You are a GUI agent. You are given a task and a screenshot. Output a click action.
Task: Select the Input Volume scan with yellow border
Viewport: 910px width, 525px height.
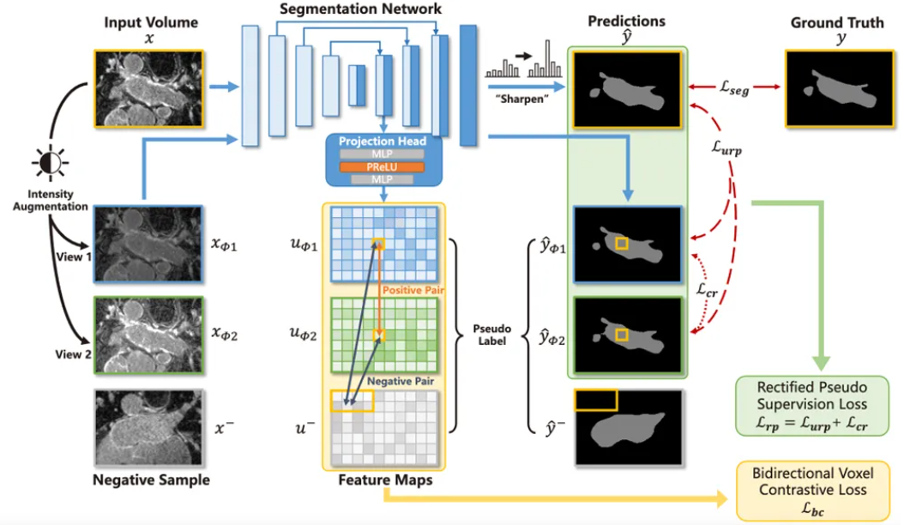point(148,88)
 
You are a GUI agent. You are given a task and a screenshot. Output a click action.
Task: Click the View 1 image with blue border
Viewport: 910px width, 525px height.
point(148,244)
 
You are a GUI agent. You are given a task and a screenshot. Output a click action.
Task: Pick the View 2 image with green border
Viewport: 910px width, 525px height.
point(148,335)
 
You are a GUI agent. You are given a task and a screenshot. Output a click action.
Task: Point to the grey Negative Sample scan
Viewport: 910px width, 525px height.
point(148,427)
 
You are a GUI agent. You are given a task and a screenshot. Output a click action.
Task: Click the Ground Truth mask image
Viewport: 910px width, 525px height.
point(834,88)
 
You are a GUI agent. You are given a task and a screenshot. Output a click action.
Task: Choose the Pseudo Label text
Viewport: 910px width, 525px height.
point(491,335)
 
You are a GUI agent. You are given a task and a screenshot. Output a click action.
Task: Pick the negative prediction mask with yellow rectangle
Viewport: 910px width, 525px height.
point(629,427)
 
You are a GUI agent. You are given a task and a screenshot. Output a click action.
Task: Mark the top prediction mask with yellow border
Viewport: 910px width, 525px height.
point(629,88)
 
